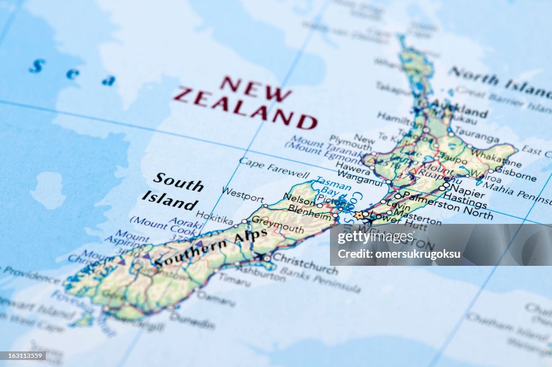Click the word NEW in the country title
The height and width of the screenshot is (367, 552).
[256, 89]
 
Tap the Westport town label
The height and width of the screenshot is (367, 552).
[243, 194]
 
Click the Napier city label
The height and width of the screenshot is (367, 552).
[467, 189]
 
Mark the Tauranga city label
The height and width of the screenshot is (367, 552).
[476, 134]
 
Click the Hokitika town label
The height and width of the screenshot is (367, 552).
[215, 217]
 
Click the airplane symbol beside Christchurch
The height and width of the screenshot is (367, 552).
[261, 257]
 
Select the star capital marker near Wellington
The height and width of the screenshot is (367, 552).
[359, 215]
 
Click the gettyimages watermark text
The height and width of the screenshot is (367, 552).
[375, 237]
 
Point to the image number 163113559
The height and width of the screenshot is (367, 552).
[23, 356]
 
